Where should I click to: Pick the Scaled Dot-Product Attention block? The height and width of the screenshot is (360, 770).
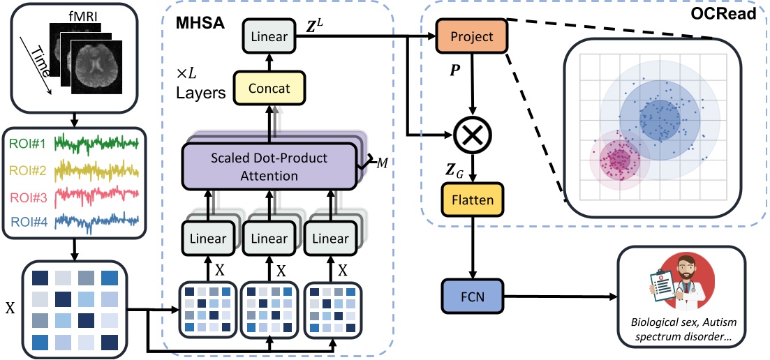pyautogui.click(x=269, y=166)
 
